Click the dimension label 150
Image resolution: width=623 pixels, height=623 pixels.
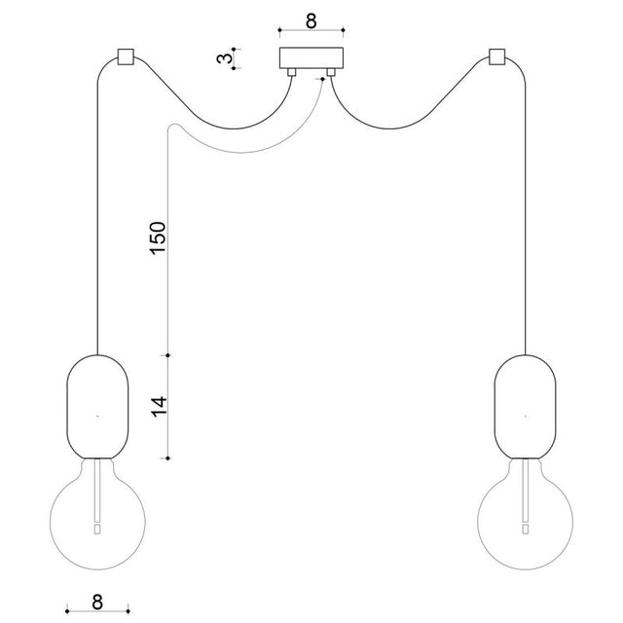158,238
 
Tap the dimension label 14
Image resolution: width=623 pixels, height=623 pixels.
159,406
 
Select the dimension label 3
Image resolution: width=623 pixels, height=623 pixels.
225,58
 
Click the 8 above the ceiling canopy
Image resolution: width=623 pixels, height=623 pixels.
311,20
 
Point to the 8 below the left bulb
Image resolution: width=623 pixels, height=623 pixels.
97,602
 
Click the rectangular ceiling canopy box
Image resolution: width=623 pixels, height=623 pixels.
311,58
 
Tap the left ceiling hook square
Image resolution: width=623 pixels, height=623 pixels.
126,56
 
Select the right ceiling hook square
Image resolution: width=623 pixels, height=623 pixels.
497,56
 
